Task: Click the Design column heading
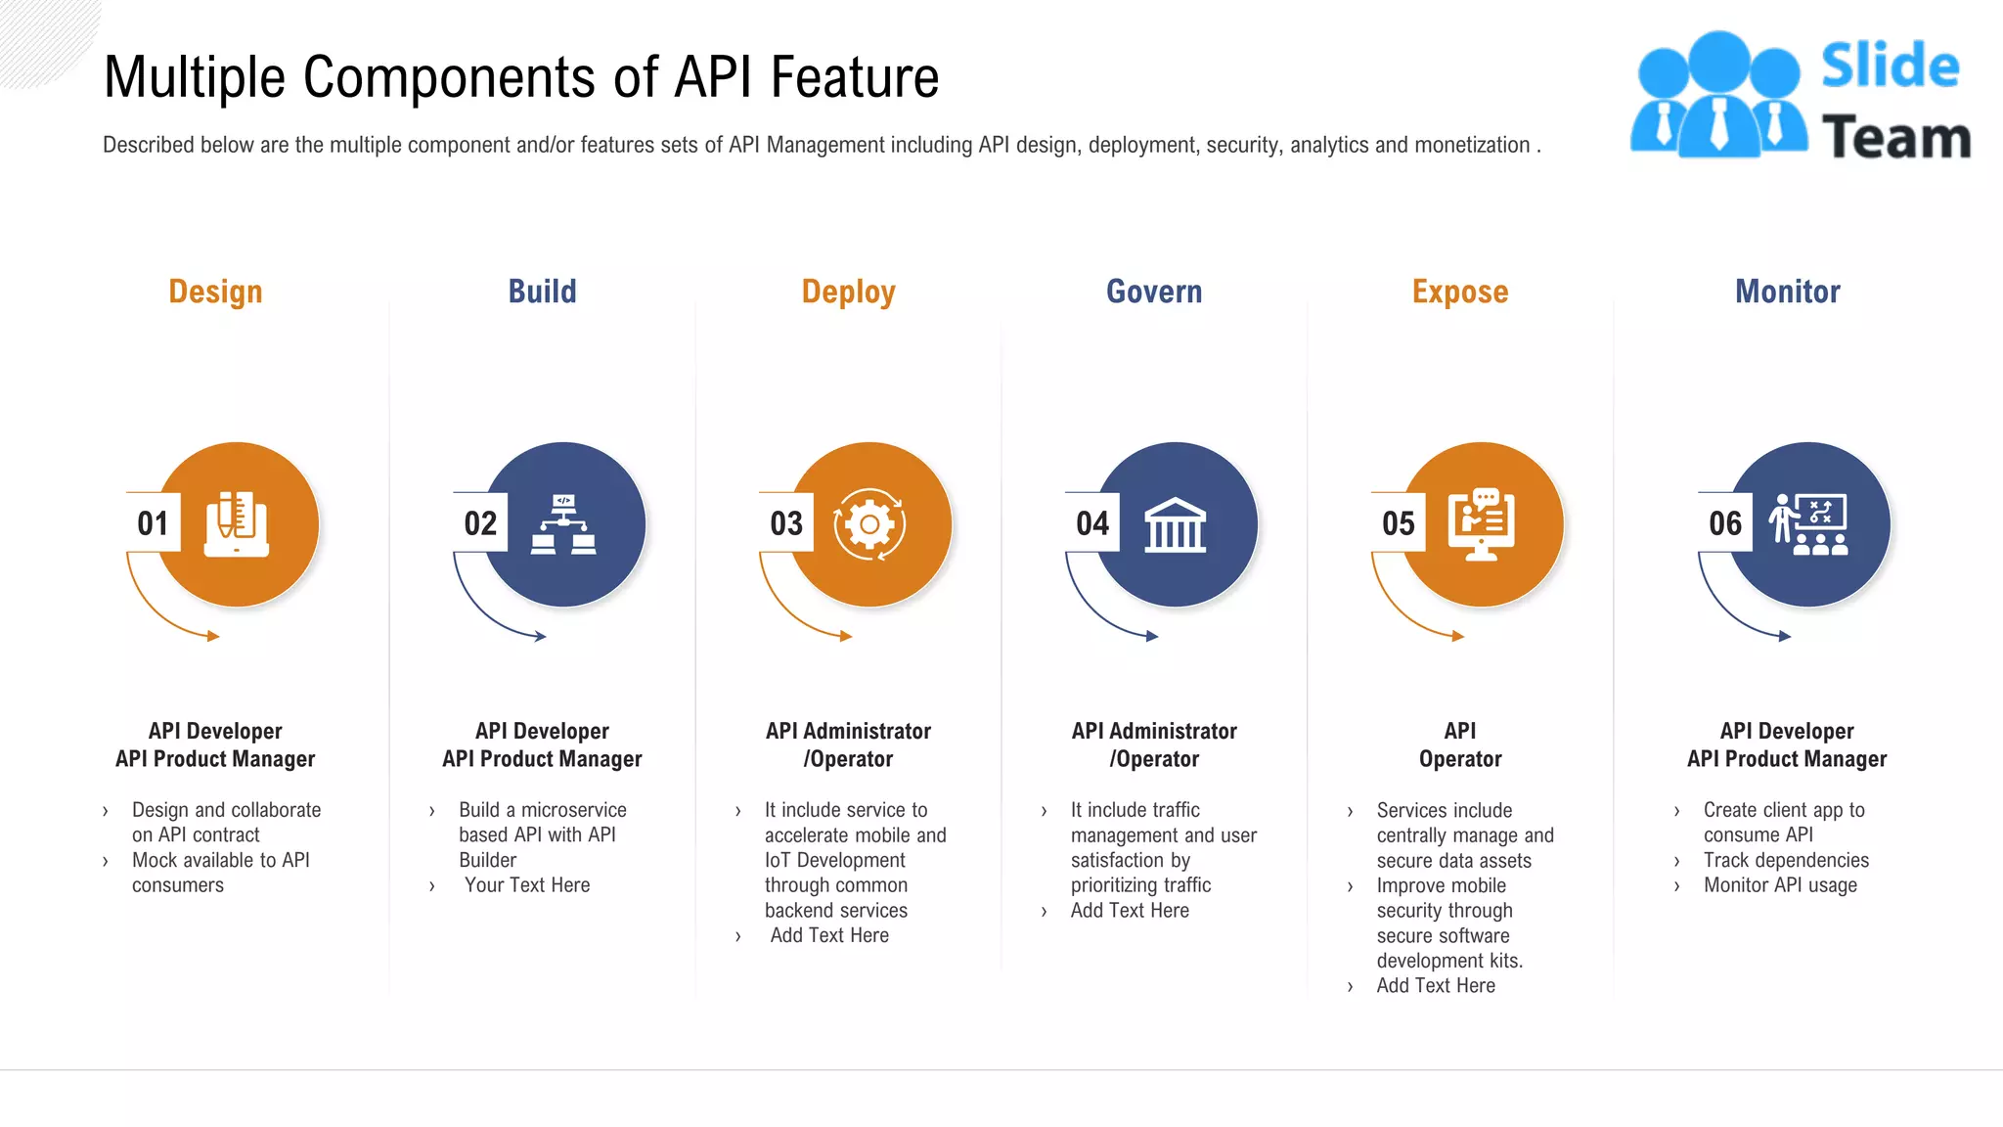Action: [x=215, y=292]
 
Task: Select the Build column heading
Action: [x=542, y=292]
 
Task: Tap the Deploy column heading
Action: [x=848, y=292]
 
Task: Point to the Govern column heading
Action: [x=1154, y=292]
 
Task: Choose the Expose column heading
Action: [x=1460, y=292]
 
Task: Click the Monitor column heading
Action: [x=1787, y=292]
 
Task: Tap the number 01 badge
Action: [x=154, y=523]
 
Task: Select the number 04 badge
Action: [x=1092, y=523]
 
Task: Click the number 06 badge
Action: [x=1725, y=523]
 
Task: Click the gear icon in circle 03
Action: [x=869, y=524]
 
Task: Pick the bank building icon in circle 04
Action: [x=1175, y=525]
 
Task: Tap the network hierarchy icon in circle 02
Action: [x=563, y=525]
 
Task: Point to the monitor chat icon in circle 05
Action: [x=1482, y=524]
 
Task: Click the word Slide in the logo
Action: [x=1890, y=67]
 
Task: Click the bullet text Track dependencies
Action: [x=1785, y=860]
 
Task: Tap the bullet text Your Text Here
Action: [x=527, y=885]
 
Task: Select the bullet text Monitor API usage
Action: [x=1780, y=885]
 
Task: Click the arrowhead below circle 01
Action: [x=212, y=636]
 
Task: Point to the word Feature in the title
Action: [x=854, y=77]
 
